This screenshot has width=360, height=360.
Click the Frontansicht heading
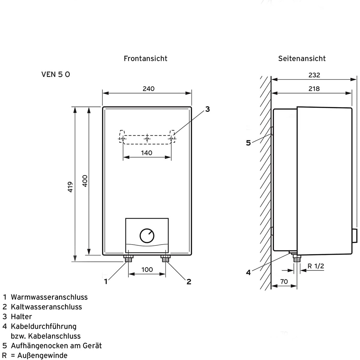tap(145, 58)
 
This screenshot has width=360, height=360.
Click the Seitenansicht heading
tap(302, 58)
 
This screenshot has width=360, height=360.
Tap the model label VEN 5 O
tap(55, 74)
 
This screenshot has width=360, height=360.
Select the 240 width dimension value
tap(148, 88)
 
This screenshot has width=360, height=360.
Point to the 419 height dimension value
tap(70, 187)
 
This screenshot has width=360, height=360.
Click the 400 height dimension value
tap(85, 181)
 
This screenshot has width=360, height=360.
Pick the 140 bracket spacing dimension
tap(146, 153)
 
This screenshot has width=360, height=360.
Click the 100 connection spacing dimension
tap(147, 269)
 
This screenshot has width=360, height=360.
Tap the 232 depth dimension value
tap(314, 75)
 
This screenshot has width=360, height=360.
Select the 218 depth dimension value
tap(314, 88)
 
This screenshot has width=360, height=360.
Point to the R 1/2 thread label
tap(316, 266)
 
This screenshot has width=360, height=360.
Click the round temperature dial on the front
tap(147, 236)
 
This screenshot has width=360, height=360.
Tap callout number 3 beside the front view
tap(207, 109)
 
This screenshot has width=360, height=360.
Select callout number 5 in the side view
tap(248, 143)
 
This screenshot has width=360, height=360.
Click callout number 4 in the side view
tap(248, 272)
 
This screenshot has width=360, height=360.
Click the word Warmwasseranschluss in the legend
tap(49, 297)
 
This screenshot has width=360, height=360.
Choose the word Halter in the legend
tap(21, 316)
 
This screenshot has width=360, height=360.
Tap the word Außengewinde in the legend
tap(42, 355)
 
